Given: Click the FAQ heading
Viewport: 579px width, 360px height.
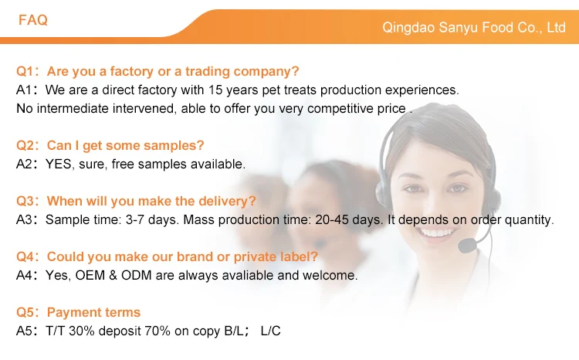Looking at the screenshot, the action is [33, 20].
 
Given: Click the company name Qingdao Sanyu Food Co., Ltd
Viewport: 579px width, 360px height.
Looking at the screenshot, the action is [474, 28].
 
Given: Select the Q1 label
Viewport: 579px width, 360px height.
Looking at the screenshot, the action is [25, 71].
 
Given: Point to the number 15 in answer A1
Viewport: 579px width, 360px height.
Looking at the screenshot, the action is [215, 90].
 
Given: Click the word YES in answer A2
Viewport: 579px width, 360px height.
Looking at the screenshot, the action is [59, 164].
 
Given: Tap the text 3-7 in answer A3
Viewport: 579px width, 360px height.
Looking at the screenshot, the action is [135, 220].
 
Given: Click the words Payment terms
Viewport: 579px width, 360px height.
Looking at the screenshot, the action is [93, 313].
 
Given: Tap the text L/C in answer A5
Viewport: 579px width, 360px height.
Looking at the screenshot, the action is [270, 331].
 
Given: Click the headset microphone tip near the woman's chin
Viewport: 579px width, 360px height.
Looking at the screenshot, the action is [467, 246].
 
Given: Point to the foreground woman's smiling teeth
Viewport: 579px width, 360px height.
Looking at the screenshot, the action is [437, 233].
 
